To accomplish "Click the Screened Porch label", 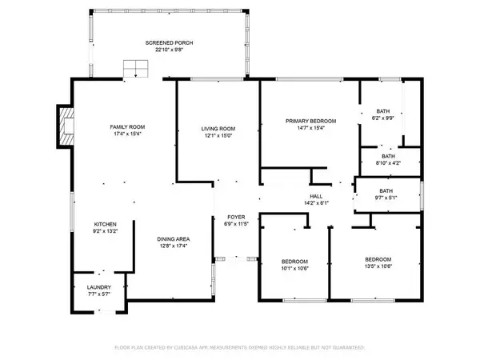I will pos(169,42).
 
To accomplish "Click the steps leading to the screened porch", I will pos(135,69).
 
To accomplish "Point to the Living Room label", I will pos(218,128).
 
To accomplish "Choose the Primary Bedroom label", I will pos(311,121).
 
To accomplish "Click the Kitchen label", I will pos(106,224).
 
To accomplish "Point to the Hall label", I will pos(316,195).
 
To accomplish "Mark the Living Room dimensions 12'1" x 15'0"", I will pos(218,135).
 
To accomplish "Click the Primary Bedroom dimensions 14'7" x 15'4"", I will pos(311,128).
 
